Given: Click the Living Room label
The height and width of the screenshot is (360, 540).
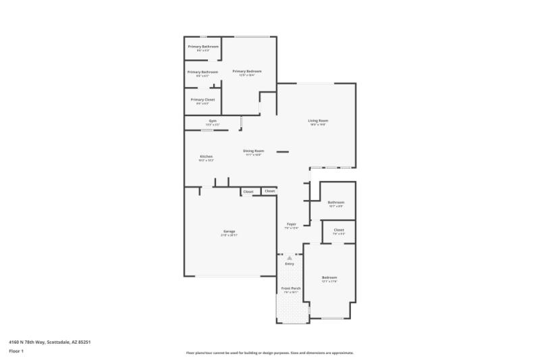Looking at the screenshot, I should coord(318,121).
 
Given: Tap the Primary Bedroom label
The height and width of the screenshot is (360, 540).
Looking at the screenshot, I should coord(246,71).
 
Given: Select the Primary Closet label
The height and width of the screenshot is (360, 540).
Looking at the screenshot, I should coord(202,99).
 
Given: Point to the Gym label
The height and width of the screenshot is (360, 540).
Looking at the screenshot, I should coord(212,121).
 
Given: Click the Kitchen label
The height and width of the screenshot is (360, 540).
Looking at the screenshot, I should coord(206,156).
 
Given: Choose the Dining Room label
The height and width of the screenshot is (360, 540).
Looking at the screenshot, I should coord(254,151).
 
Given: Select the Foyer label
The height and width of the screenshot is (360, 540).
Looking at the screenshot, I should coord(292,224).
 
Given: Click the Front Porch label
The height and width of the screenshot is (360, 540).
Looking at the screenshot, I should coord(291,288).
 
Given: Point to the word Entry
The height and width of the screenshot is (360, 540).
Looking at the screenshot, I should coord(290,263).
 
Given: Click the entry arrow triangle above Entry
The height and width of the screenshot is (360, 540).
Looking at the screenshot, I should coord(290,257).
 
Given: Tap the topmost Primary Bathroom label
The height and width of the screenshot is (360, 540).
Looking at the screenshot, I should coord(202,46).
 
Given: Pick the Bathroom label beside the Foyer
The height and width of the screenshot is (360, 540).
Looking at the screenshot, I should coord(336,202).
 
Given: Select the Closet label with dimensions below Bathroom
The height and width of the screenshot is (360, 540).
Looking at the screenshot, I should coord(338,230).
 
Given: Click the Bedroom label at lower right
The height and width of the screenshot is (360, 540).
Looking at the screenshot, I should coord(329,278).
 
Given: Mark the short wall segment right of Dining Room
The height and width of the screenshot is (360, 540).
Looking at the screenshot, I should coord(283,151).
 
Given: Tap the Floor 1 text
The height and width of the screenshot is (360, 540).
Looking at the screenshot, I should coord(16,351).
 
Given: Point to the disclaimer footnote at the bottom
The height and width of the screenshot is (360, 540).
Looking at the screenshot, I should coord(269,353).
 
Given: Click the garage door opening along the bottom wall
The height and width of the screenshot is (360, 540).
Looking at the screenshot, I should coord(227,276).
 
